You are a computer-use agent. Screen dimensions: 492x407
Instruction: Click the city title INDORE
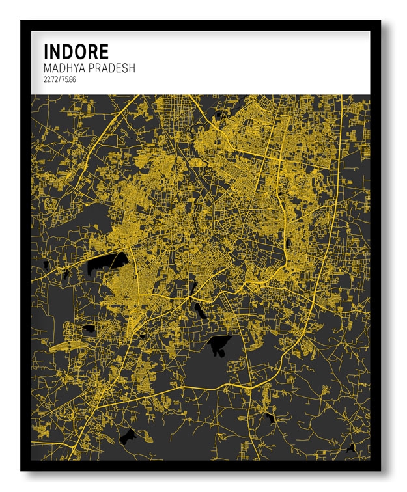[76, 51]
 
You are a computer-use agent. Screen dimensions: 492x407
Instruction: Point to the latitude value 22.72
[50, 80]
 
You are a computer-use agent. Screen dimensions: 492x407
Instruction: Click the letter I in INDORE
[46, 51]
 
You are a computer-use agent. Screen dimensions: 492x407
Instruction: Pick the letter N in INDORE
[55, 51]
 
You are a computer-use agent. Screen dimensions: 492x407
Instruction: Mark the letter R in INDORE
[93, 51]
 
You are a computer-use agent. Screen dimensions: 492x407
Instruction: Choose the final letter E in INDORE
[104, 51]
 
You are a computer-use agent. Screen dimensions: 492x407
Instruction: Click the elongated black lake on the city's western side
[105, 263]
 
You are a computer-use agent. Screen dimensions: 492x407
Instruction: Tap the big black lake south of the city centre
[219, 344]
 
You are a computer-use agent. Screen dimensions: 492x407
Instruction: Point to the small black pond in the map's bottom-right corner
[351, 448]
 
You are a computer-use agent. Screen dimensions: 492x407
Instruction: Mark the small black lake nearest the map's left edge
[46, 264]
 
